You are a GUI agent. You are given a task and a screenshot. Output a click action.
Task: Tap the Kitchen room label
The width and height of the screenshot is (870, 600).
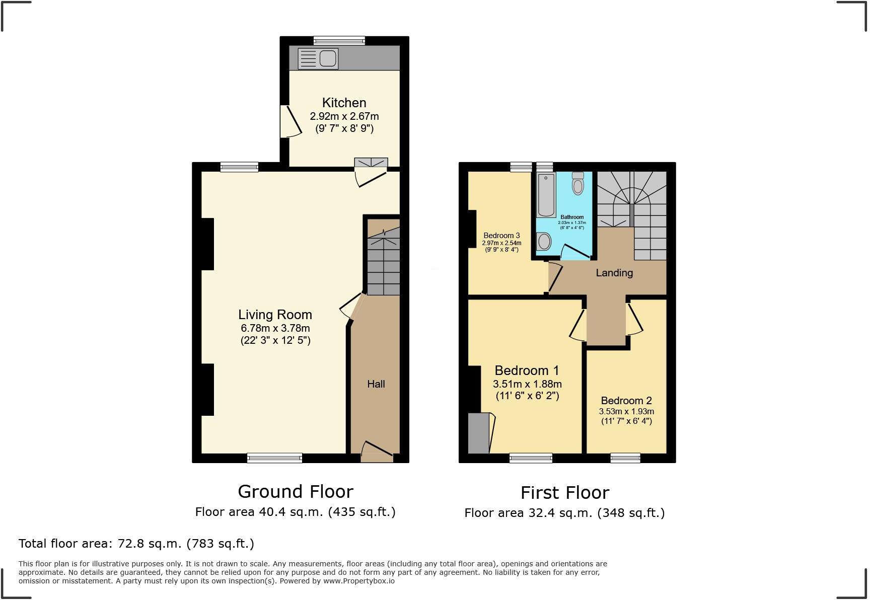(344, 103)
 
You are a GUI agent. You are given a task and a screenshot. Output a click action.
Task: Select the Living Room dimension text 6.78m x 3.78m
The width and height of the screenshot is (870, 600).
(275, 328)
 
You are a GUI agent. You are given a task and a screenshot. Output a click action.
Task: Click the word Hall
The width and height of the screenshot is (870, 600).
(376, 384)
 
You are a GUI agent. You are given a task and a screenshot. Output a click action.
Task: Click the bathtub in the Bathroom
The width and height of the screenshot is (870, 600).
(546, 194)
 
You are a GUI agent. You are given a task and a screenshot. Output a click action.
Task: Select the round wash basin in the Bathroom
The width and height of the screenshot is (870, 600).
(544, 242)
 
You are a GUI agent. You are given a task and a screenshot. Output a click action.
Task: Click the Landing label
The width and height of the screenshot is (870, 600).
(614, 273)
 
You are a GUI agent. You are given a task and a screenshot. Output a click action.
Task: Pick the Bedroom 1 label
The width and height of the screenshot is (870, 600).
(527, 370)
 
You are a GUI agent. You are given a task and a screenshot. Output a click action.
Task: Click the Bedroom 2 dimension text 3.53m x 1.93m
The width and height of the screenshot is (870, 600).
(626, 411)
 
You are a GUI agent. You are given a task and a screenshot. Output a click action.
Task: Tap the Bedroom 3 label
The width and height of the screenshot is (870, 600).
(501, 236)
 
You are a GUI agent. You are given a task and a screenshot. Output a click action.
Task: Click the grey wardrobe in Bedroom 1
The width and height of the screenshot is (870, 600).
(478, 433)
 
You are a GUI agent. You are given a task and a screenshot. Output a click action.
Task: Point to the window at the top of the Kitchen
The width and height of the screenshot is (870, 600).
(339, 40)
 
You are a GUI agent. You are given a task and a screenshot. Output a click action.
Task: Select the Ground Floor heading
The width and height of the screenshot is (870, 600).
(296, 491)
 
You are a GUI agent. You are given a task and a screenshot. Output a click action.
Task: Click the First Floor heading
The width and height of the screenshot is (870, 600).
(564, 492)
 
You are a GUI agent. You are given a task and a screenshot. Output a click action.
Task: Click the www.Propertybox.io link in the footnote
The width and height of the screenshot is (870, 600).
(358, 581)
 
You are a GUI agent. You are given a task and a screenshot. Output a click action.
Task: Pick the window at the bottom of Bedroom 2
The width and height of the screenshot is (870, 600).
(625, 458)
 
